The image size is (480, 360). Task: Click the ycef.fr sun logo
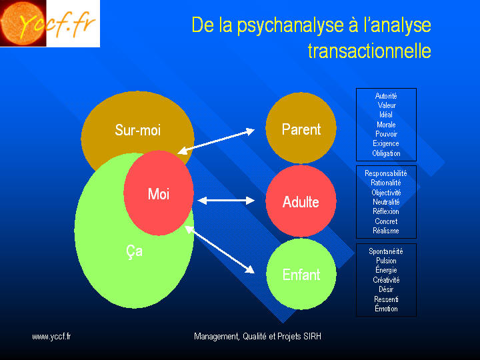pos(50,23)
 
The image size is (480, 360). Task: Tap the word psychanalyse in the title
pos(290,26)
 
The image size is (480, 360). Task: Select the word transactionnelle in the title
pos(369,51)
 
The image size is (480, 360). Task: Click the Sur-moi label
pos(138,130)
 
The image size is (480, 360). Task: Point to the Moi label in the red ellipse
pos(159,194)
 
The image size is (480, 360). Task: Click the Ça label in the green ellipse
pos(135,251)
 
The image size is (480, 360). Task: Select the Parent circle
pos(301,127)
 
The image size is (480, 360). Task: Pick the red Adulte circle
pos(301,201)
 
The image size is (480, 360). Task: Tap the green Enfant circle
pos(301,274)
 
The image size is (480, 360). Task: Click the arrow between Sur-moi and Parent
pos(216,141)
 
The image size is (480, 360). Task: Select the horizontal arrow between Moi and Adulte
pos(226,201)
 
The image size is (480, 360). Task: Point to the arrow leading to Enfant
pos(220,249)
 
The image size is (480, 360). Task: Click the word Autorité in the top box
pos(386,96)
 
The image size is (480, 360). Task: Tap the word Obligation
pos(386,153)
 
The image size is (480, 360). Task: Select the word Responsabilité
pos(386,173)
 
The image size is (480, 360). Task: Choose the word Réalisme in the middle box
pos(386,231)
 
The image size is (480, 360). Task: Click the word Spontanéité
pos(386,251)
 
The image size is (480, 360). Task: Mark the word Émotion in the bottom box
pos(386,309)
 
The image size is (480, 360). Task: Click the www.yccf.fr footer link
pos(51,337)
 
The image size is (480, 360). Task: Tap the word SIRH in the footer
pos(313,337)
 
